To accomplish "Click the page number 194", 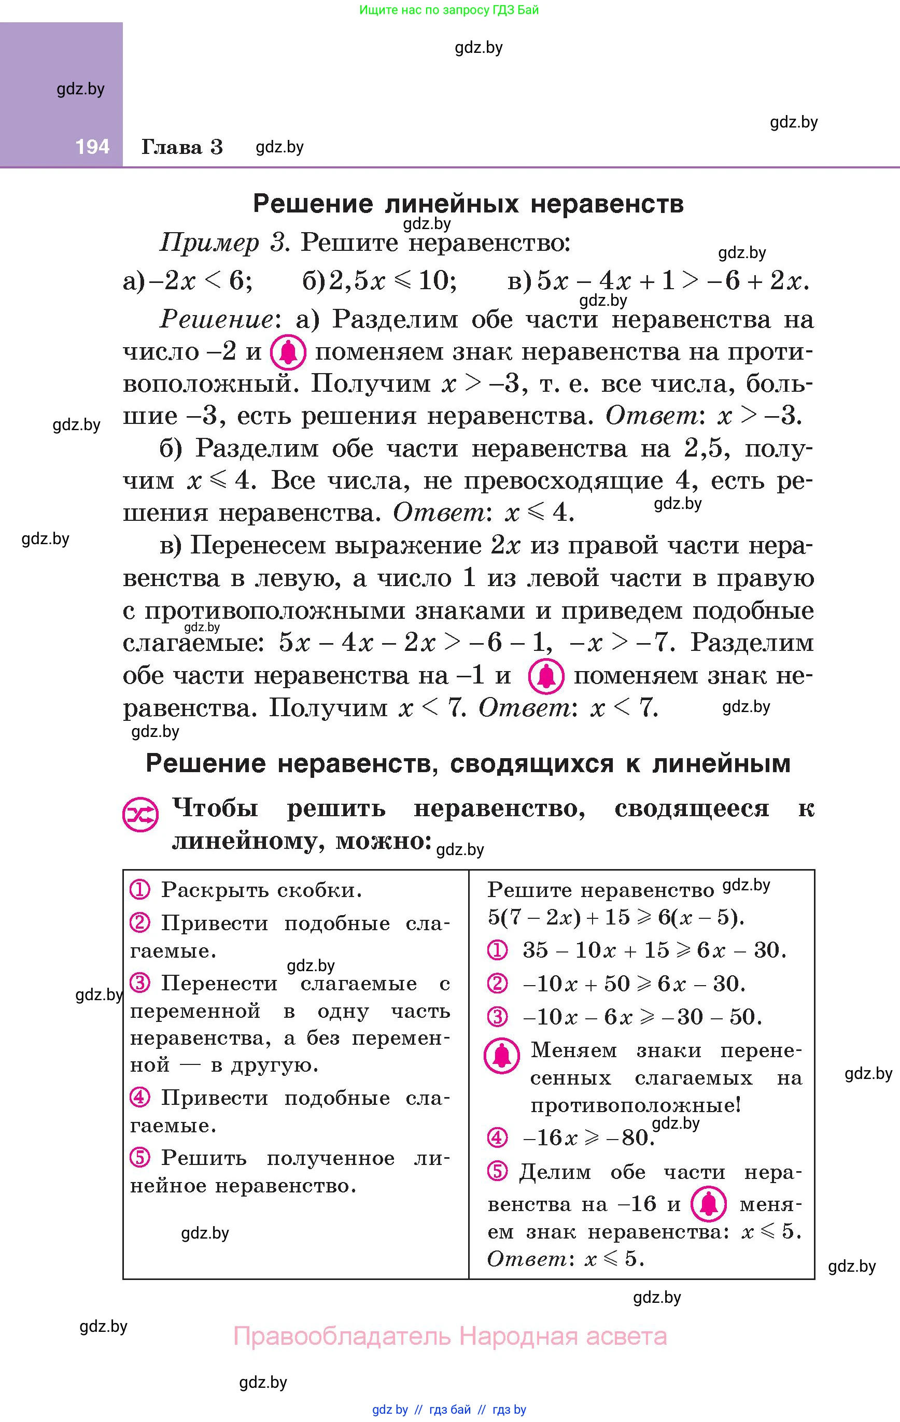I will (x=92, y=147).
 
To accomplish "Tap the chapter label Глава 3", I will (x=182, y=147).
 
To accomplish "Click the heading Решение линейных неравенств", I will (x=468, y=204).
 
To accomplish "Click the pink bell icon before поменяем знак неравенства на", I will (x=288, y=352).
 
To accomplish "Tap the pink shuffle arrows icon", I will (x=140, y=816).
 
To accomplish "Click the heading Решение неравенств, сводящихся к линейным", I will (x=468, y=763).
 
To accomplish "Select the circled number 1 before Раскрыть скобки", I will (x=140, y=889).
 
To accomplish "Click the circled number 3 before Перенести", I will (x=140, y=983).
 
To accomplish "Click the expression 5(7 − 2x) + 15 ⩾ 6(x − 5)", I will (x=616, y=917).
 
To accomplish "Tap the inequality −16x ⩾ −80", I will (x=588, y=1137).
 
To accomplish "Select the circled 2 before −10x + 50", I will (x=497, y=983).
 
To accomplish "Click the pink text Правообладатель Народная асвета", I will (x=451, y=1336).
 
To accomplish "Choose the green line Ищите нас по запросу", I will (x=449, y=9).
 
